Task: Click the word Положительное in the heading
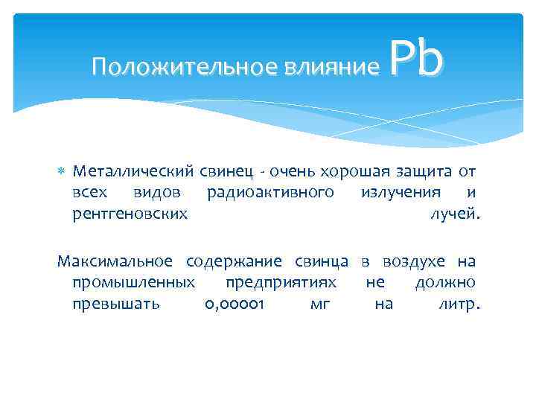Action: click(x=185, y=68)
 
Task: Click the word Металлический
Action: click(x=133, y=172)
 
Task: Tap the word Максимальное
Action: click(x=115, y=261)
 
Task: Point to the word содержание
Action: click(x=234, y=261)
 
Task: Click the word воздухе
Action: click(x=414, y=261)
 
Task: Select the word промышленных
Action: click(x=134, y=283)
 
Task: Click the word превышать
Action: click(x=116, y=305)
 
